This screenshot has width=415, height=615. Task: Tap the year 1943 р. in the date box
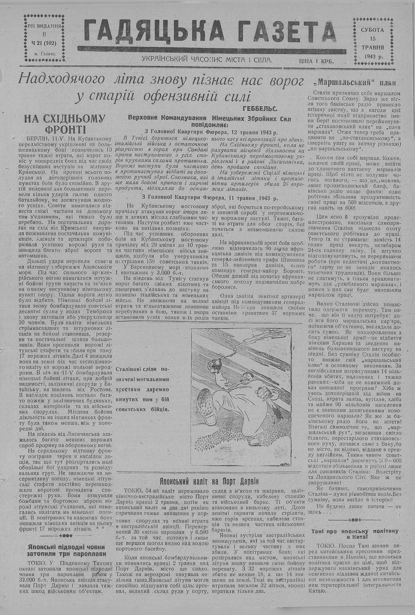pyautogui.click(x=374, y=56)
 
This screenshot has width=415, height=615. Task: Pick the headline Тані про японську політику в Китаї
pyautogui.click(x=354, y=534)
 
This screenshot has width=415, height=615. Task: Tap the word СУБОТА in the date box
pyautogui.click(x=372, y=30)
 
